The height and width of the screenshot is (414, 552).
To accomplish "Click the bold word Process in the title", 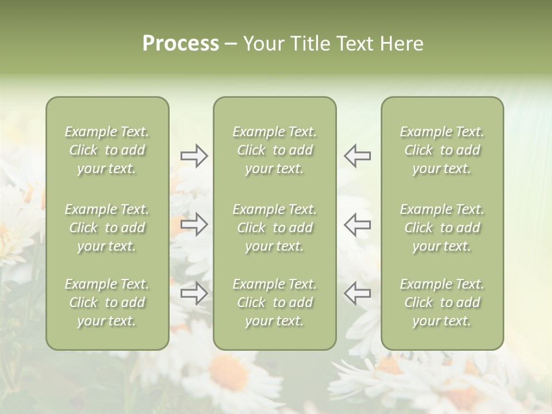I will click(181, 44).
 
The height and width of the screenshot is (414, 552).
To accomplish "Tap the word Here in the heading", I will click(402, 44).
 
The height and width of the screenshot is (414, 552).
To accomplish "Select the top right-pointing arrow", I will click(194, 156).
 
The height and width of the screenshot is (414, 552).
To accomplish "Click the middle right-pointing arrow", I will click(194, 224).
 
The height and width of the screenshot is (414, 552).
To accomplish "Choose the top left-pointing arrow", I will click(358, 156).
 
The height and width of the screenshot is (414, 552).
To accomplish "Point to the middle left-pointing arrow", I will click(358, 224).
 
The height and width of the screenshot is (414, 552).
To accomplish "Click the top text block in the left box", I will click(107, 150).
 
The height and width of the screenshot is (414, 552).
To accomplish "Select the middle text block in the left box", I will click(107, 228).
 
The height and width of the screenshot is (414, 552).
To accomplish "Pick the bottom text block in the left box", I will click(107, 302).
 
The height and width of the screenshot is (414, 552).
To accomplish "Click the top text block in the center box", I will click(274, 150).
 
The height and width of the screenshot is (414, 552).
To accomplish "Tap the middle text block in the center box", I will click(274, 228).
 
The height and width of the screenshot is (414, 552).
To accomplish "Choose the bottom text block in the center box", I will click(274, 302).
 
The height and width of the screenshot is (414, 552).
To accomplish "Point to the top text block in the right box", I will click(442, 150).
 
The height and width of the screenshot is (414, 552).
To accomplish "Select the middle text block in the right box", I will click(442, 228).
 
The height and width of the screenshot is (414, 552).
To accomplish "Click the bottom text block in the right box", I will click(442, 302).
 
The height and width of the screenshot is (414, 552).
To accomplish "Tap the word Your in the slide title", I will click(264, 44).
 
